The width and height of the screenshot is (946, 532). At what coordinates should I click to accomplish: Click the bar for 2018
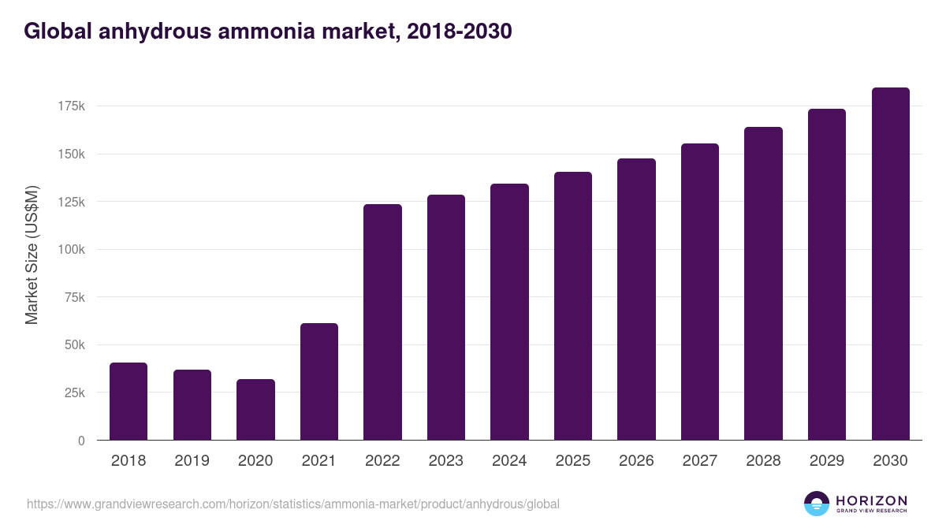(128, 401)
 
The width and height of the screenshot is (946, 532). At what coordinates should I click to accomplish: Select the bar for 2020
(255, 410)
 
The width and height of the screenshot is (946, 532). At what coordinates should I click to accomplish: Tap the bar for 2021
(319, 381)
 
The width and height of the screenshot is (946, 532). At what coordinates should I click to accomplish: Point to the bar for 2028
(763, 284)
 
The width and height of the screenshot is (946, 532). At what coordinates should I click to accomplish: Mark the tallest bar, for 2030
(890, 264)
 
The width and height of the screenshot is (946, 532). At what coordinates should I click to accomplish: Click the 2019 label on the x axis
(192, 461)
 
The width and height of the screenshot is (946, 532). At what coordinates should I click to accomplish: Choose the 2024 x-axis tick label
(509, 461)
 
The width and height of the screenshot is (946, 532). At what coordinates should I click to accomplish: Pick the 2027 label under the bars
(700, 461)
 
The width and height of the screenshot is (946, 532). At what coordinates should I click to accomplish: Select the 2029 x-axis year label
(827, 461)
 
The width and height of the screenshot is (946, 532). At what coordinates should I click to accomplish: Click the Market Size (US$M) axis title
(32, 255)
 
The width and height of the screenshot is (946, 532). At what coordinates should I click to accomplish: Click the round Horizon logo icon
(817, 504)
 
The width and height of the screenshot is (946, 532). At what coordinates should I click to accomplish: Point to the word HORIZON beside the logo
(871, 500)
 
